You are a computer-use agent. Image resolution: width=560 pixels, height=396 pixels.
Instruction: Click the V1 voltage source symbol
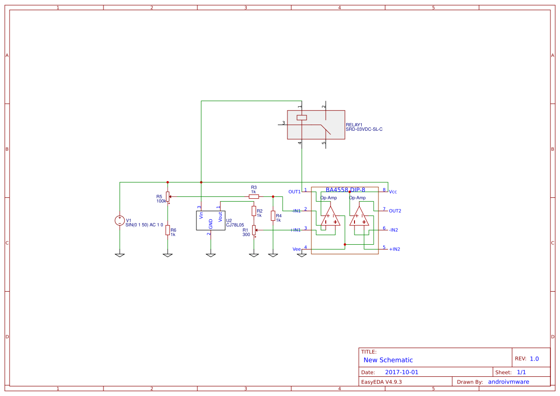[x=119, y=220]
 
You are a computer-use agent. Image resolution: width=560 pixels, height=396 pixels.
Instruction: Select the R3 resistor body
[x=254, y=196]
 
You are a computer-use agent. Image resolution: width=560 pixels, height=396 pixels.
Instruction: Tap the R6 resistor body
[x=168, y=230]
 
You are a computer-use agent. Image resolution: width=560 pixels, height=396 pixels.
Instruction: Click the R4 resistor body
[x=273, y=216]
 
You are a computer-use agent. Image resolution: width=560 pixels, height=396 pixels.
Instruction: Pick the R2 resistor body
[x=254, y=211]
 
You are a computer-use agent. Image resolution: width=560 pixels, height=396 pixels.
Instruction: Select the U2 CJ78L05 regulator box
[x=211, y=220]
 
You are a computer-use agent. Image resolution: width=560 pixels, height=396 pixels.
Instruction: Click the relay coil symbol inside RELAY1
[x=302, y=118]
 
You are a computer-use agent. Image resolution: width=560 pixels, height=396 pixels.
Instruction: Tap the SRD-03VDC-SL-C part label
[x=364, y=130]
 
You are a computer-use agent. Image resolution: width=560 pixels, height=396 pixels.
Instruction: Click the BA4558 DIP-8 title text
[x=345, y=190]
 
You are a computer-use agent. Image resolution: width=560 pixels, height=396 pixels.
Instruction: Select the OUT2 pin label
[x=395, y=211]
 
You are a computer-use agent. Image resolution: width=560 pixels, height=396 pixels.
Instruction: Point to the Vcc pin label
[x=393, y=192]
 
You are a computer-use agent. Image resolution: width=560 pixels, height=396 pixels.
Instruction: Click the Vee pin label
[x=297, y=249]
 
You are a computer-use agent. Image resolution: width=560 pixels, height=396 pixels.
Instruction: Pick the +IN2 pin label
[x=394, y=249]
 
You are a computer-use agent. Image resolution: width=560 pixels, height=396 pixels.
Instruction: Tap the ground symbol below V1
[x=120, y=255]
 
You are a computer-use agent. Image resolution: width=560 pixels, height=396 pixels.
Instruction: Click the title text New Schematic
[x=388, y=360]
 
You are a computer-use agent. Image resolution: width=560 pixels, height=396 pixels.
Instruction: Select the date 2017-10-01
[x=401, y=372]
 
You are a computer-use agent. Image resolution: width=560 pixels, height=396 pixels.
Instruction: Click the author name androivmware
[x=508, y=382]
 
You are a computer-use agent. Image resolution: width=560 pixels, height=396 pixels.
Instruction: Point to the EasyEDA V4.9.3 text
[x=381, y=382]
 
